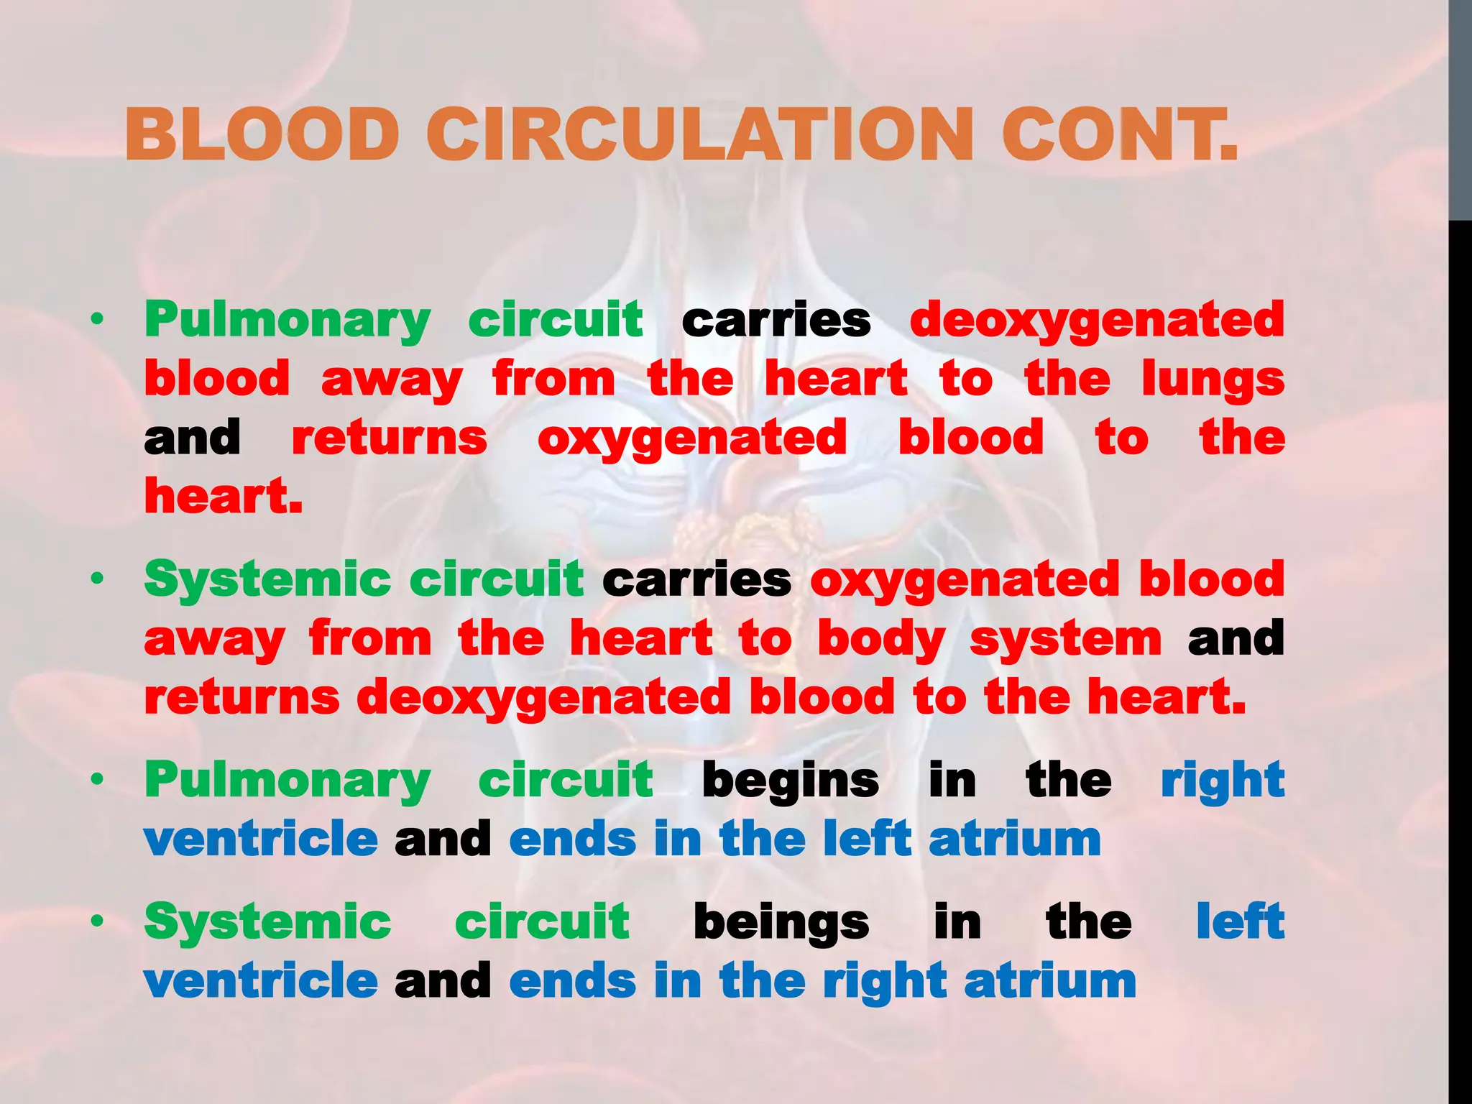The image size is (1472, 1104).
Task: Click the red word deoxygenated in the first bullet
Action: click(x=1097, y=321)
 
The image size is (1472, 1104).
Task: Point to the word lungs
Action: click(x=1213, y=379)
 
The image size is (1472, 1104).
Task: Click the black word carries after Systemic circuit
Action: click(x=696, y=579)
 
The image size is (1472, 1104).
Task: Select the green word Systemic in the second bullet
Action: click(x=267, y=579)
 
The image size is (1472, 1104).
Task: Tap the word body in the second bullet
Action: click(x=881, y=639)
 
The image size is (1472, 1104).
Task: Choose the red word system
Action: click(x=1065, y=639)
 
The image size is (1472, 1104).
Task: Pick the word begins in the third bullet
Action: click(x=790, y=781)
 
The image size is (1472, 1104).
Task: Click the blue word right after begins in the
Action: click(x=1223, y=781)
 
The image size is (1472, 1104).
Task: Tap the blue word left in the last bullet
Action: click(x=1240, y=922)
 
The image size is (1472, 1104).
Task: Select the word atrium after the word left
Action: click(x=1014, y=839)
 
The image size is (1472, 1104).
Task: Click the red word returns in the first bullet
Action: click(x=390, y=438)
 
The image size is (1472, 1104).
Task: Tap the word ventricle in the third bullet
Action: click(x=260, y=839)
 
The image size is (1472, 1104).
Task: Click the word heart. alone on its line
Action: click(x=224, y=497)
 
